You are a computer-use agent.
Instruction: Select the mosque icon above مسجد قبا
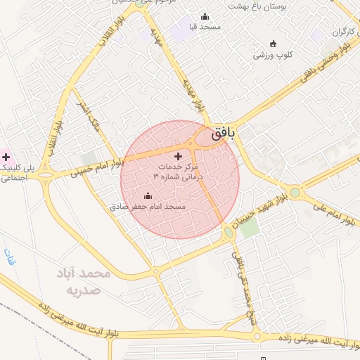pyautogui.click(x=205, y=16)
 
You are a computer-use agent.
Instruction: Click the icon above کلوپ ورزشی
pyautogui.click(x=264, y=43)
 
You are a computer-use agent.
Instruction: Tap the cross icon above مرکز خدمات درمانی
pyautogui.click(x=177, y=155)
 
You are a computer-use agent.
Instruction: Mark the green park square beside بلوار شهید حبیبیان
pyautogui.click(x=249, y=229)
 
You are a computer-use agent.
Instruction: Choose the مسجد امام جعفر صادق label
pyautogui.click(x=148, y=207)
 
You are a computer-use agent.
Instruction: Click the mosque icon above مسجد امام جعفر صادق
pyautogui.click(x=148, y=196)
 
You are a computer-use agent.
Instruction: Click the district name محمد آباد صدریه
pyautogui.click(x=82, y=281)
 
